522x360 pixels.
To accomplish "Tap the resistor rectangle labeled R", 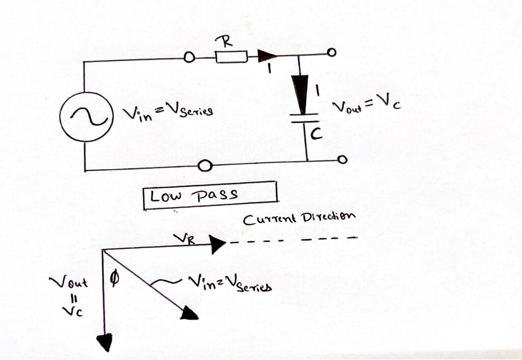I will click(x=232, y=57).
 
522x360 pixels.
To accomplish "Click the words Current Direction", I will click(x=298, y=219).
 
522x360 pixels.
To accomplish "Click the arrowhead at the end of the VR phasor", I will click(x=218, y=245).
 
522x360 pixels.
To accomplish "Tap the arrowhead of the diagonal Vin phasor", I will click(x=190, y=314).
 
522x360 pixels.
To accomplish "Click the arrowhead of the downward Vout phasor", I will click(x=105, y=342).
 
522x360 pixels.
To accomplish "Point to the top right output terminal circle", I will click(x=332, y=53).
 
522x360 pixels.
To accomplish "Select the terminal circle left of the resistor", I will click(x=189, y=58).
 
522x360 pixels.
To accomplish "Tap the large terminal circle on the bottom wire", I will click(x=205, y=166).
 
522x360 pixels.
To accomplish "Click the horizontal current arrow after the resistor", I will click(x=267, y=56).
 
